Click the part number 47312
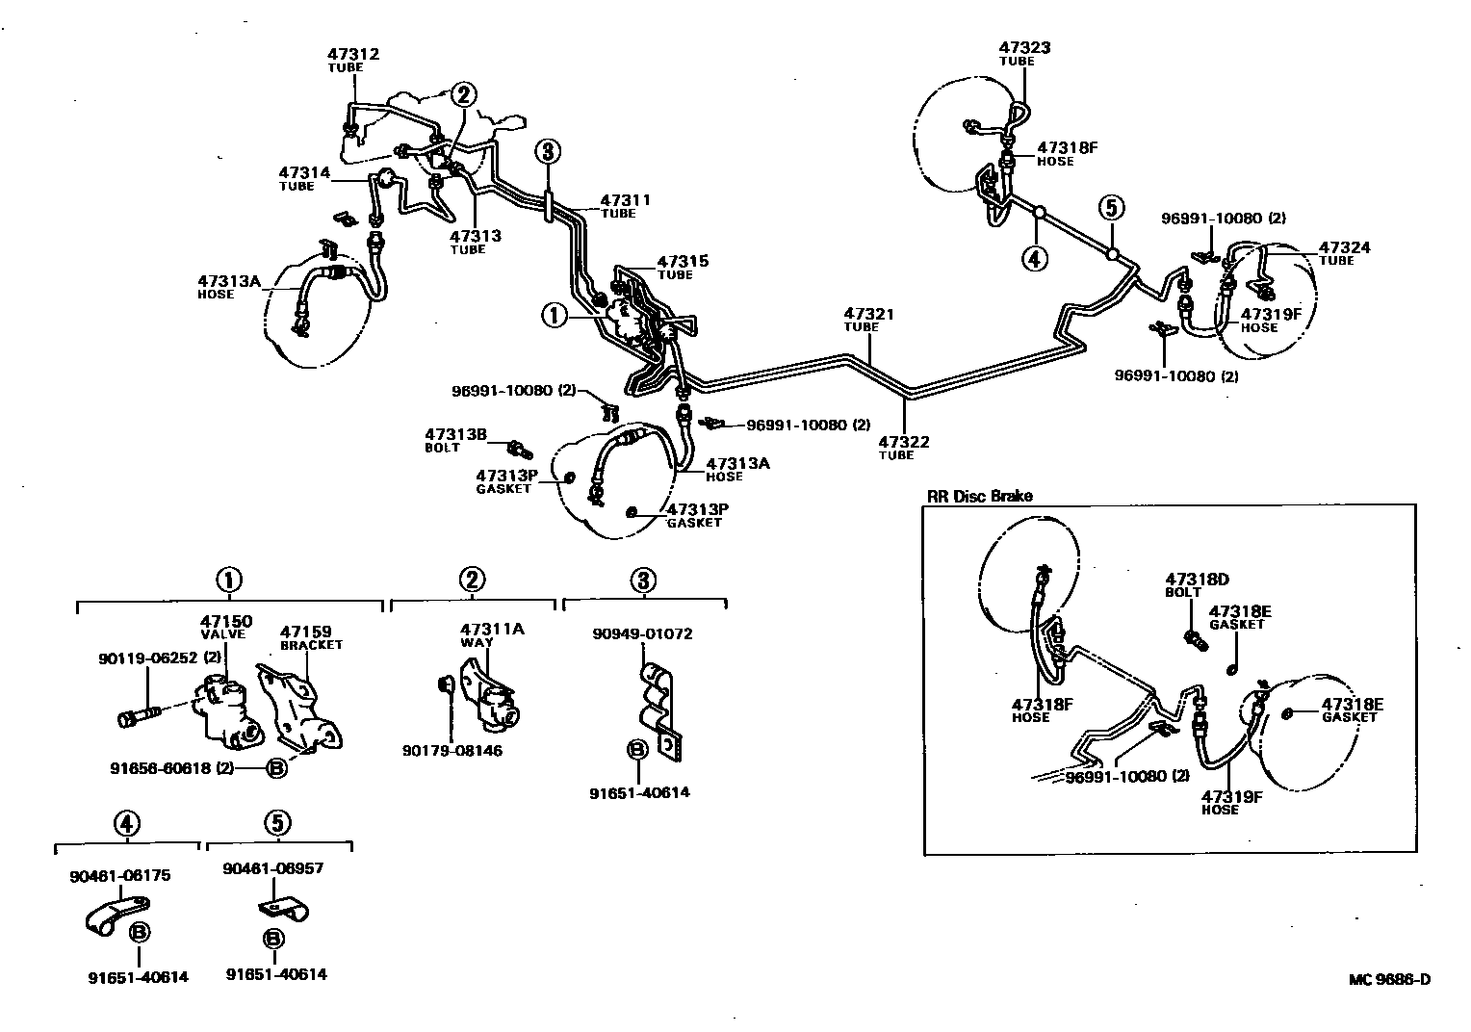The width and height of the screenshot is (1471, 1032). coord(353,54)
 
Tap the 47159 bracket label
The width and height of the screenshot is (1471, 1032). coord(305,632)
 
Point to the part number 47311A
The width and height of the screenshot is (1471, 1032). coord(492,629)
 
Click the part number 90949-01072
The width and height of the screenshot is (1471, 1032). coord(642,633)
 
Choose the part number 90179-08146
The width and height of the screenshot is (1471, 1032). coord(453,751)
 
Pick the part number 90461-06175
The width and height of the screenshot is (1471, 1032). coord(119,875)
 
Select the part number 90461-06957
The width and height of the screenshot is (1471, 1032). coord(273,867)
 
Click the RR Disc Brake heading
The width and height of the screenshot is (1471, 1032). coord(979,496)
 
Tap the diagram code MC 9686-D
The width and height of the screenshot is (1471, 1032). coord(1389,980)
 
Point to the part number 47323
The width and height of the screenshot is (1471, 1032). coord(1024,47)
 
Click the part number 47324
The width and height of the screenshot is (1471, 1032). coord(1344,247)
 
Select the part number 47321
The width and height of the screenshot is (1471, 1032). coord(869,314)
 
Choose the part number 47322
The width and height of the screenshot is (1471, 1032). coord(904,442)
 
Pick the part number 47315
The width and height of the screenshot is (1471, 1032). coord(683,261)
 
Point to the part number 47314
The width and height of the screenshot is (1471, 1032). coord(304,173)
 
